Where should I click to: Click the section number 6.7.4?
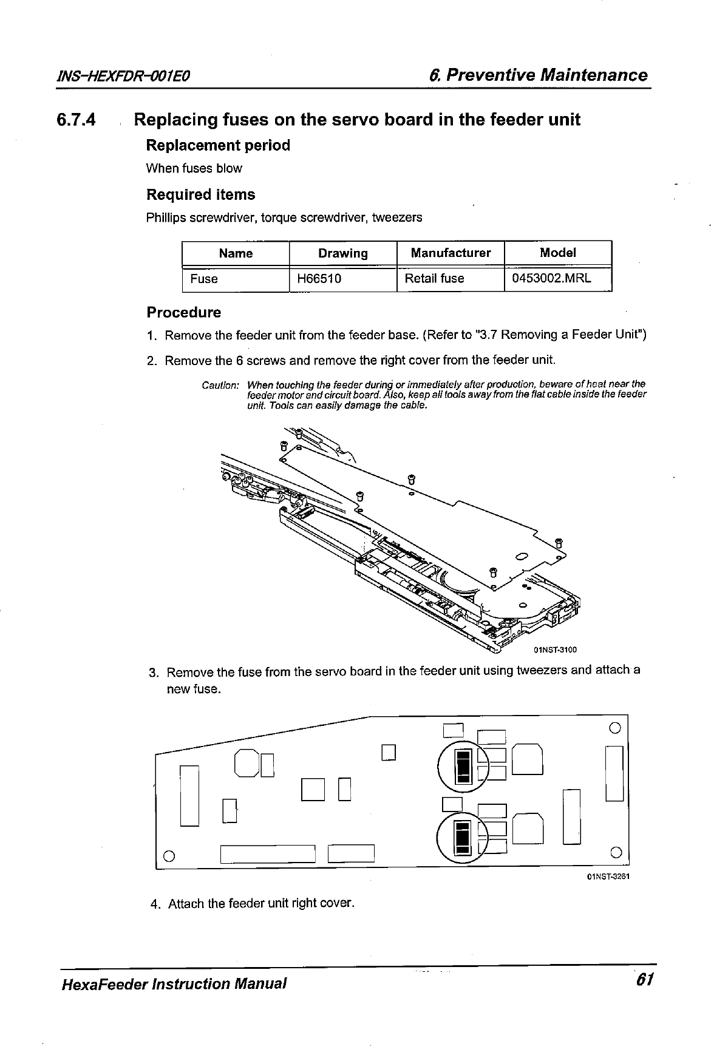coord(76,120)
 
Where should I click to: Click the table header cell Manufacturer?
coord(451,253)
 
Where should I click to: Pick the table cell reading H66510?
coord(319,279)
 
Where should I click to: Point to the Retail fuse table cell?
coord(435,279)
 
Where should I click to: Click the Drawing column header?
coord(343,253)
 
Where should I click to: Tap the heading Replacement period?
coord(218,146)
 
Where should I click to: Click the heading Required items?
coord(201,195)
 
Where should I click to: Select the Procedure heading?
coord(184,313)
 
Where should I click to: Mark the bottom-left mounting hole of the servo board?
coord(170,855)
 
